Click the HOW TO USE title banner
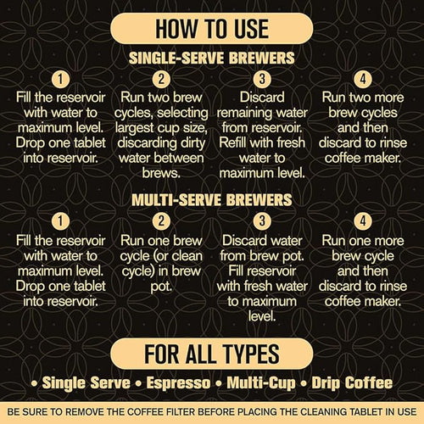211,31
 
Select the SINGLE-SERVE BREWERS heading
211,60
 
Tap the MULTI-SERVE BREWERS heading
211,201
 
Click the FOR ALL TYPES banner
211,352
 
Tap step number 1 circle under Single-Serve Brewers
61,81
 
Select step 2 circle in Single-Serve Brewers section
161,81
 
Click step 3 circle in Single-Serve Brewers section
262,81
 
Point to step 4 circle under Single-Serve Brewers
362,81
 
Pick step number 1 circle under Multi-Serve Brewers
61,222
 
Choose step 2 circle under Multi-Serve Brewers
161,222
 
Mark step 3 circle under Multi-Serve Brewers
262,222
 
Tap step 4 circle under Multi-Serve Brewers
362,222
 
